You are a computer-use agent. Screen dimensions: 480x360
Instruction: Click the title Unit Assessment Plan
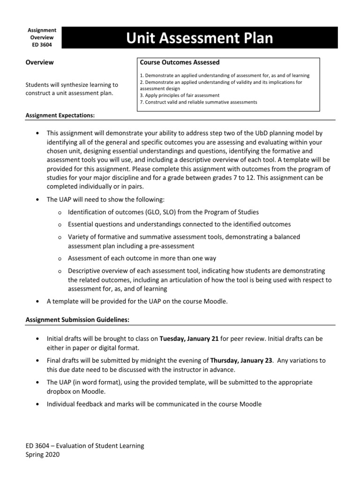(x=199, y=38)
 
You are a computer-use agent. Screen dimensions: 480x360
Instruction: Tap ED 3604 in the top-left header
(x=42, y=45)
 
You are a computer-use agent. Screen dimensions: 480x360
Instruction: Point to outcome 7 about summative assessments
(x=198, y=102)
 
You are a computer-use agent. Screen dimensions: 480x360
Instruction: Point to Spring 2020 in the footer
(x=42, y=454)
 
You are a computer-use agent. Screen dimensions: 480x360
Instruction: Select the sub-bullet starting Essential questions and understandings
(x=179, y=225)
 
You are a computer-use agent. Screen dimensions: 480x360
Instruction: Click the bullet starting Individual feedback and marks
(x=154, y=404)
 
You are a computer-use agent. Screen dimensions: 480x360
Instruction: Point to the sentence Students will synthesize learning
(x=72, y=85)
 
